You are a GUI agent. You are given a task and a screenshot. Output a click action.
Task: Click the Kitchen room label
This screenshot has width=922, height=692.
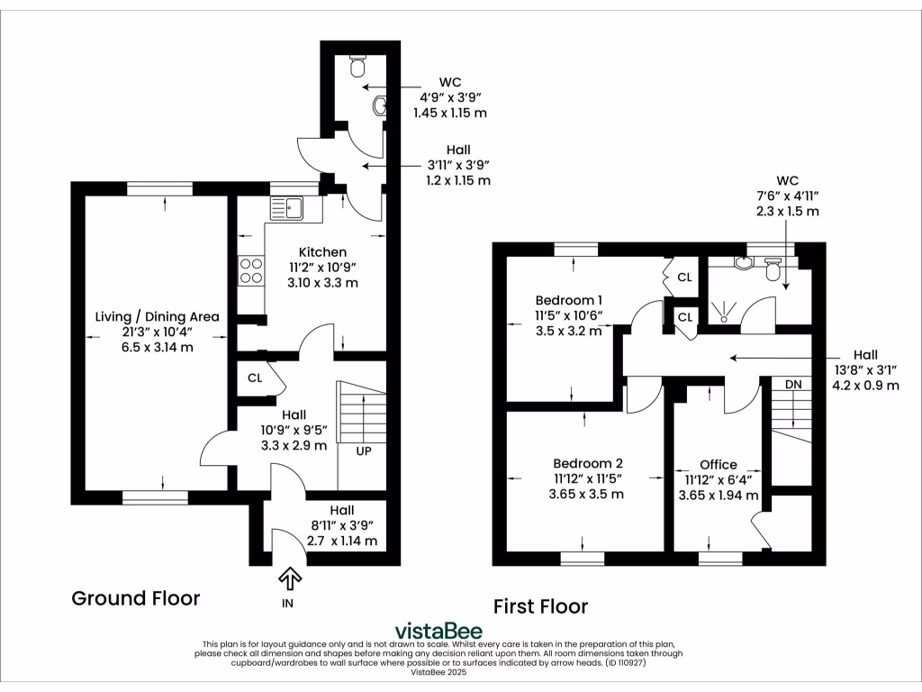click(322, 251)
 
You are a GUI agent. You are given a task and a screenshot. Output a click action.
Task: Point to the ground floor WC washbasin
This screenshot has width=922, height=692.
click(378, 106)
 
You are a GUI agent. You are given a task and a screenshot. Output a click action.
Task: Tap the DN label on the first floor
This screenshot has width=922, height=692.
click(792, 385)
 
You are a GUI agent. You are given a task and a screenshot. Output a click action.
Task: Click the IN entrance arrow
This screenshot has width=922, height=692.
click(291, 577)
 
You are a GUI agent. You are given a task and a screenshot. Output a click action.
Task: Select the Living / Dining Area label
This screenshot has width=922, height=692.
click(158, 317)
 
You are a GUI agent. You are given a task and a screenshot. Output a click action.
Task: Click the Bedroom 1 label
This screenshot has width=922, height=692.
click(568, 300)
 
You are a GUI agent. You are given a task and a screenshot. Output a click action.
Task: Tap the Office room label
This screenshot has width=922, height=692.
click(718, 465)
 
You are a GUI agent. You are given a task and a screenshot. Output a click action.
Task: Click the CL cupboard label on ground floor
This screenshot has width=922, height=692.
click(255, 378)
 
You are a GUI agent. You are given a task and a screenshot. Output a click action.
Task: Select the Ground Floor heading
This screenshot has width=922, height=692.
click(135, 598)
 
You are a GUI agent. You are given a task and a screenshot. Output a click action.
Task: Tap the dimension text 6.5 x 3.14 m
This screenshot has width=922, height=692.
click(158, 347)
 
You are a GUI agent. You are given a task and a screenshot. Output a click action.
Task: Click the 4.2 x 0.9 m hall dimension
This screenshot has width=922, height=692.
click(864, 386)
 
